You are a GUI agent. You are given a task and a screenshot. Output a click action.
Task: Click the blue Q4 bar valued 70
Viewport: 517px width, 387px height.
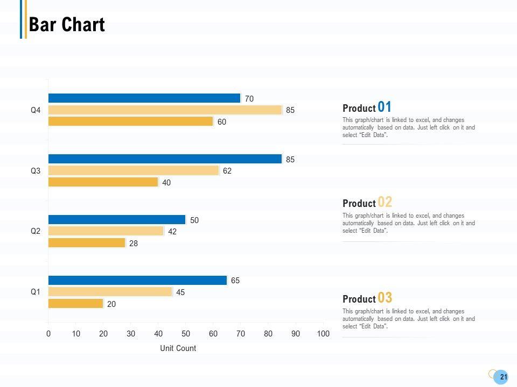pyautogui.click(x=144, y=98)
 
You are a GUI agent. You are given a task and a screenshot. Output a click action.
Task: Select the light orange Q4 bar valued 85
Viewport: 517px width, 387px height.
pyautogui.click(x=165, y=110)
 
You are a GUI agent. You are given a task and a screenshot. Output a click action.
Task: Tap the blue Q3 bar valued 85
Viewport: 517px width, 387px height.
pyautogui.click(x=165, y=159)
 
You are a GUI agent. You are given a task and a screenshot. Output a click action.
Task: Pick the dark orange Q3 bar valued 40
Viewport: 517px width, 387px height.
pyautogui.click(x=103, y=182)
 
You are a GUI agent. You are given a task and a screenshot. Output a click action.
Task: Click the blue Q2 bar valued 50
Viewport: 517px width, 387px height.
pyautogui.click(x=117, y=220)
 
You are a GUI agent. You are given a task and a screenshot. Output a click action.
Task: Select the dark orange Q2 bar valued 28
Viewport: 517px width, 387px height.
pyautogui.click(x=87, y=243)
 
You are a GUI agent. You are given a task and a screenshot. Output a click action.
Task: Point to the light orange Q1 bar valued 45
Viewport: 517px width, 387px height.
pyautogui.click(x=110, y=292)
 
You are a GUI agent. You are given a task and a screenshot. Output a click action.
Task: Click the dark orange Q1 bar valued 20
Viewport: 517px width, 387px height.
pyautogui.click(x=76, y=304)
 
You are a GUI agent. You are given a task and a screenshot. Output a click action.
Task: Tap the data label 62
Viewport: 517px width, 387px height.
pyautogui.click(x=227, y=171)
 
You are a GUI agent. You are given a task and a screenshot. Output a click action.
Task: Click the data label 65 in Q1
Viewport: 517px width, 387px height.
pyautogui.click(x=235, y=281)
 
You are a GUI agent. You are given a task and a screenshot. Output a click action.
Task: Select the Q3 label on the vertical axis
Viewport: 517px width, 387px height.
pyautogui.click(x=36, y=171)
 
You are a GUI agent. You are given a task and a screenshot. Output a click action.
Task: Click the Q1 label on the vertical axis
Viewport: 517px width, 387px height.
pyautogui.click(x=36, y=292)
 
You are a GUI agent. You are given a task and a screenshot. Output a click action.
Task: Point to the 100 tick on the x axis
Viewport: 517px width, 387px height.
pyautogui.click(x=323, y=334)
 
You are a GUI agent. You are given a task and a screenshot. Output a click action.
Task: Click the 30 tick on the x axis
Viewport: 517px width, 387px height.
pyautogui.click(x=131, y=334)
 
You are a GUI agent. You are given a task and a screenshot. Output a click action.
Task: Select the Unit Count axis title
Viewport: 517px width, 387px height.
pyautogui.click(x=178, y=348)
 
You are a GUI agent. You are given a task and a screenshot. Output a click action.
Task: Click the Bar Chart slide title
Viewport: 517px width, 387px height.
pyautogui.click(x=67, y=25)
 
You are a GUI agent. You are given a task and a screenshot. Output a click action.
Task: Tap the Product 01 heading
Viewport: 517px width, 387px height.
pyautogui.click(x=367, y=107)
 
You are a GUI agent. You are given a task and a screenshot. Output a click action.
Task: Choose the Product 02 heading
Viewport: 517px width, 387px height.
pyautogui.click(x=367, y=203)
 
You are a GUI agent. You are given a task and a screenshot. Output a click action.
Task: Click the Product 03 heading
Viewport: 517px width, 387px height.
pyautogui.click(x=367, y=298)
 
